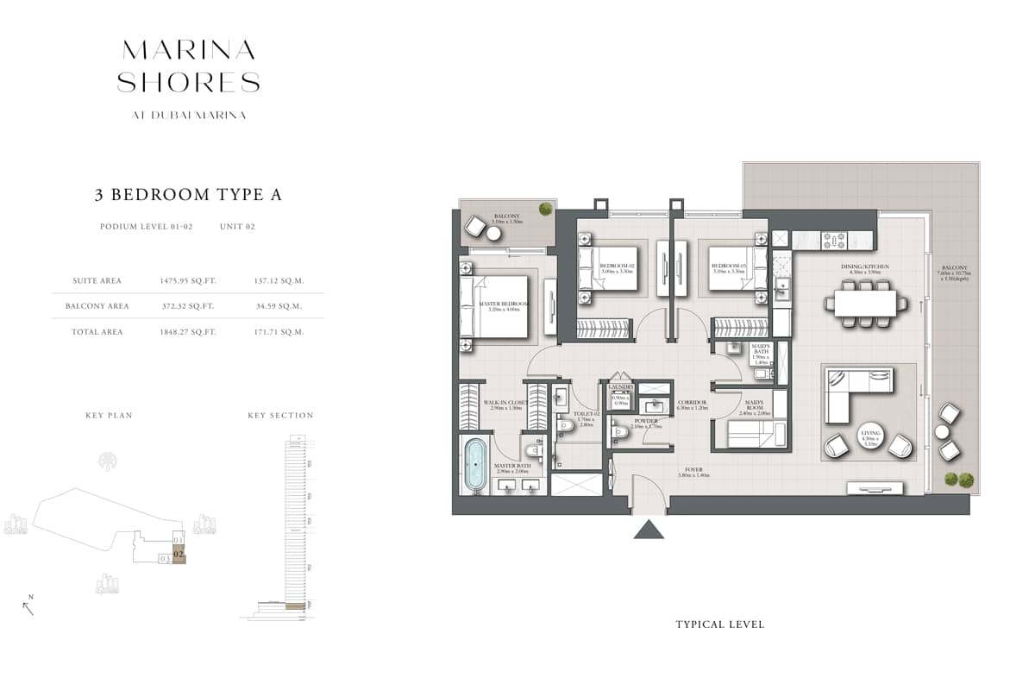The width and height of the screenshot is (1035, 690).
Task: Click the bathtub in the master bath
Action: (475, 466)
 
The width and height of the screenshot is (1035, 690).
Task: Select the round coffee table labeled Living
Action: (868, 439)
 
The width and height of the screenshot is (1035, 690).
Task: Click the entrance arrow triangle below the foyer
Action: (649, 529)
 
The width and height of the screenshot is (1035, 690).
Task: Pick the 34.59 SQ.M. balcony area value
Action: (278, 306)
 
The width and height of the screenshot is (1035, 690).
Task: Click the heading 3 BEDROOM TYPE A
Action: (188, 195)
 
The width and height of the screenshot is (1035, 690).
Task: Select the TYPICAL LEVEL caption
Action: (719, 624)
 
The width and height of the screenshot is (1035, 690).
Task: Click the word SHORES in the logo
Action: (188, 83)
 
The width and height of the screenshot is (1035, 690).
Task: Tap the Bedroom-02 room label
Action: (618, 267)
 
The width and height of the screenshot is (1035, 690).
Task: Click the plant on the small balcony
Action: (545, 209)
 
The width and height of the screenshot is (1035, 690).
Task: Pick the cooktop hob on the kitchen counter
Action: (836, 237)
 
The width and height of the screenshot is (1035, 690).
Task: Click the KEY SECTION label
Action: (280, 416)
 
